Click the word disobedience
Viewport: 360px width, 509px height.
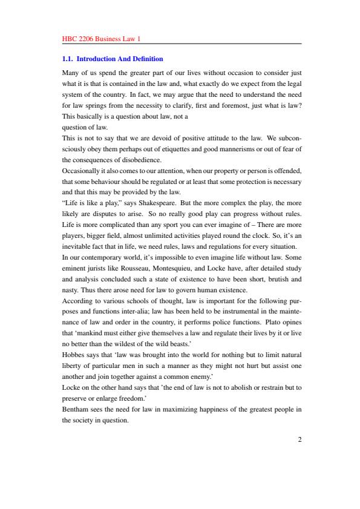144,159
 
